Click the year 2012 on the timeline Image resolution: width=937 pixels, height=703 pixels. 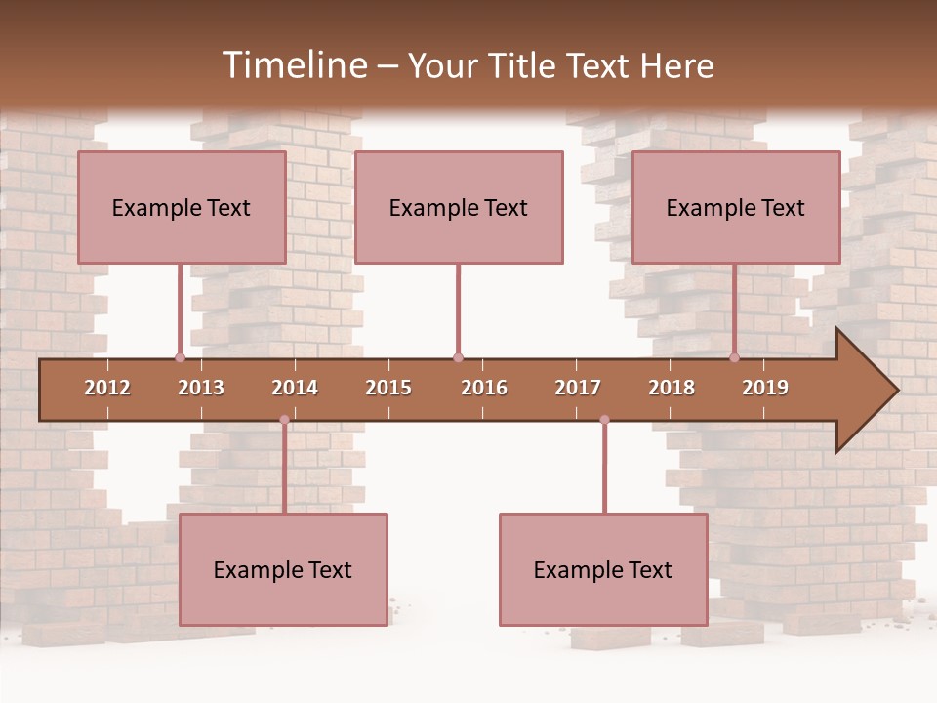pyautogui.click(x=107, y=388)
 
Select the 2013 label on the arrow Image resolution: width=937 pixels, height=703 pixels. pyautogui.click(x=201, y=388)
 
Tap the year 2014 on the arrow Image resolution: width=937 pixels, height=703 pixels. pyautogui.click(x=295, y=388)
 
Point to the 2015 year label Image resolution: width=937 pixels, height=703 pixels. pyautogui.click(x=388, y=388)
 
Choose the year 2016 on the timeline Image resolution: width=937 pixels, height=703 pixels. pyautogui.click(x=484, y=388)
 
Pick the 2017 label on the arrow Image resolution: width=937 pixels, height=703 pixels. pyautogui.click(x=578, y=388)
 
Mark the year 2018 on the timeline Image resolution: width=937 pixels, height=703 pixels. pyautogui.click(x=672, y=388)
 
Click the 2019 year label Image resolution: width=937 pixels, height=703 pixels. pyautogui.click(x=765, y=388)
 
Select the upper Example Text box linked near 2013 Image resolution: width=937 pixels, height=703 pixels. pyautogui.click(x=182, y=207)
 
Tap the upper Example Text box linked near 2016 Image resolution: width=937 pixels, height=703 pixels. pyautogui.click(x=459, y=207)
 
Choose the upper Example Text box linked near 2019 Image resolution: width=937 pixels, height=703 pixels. pyautogui.click(x=736, y=207)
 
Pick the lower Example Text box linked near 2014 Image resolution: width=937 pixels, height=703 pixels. pyautogui.click(x=283, y=569)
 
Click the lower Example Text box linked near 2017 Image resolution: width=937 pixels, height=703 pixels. pyautogui.click(x=603, y=569)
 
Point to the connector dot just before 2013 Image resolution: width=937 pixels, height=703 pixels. pyautogui.click(x=180, y=358)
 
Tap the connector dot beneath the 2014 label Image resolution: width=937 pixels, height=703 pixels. pyautogui.click(x=284, y=420)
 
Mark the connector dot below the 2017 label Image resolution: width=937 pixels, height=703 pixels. pyautogui.click(x=604, y=420)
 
